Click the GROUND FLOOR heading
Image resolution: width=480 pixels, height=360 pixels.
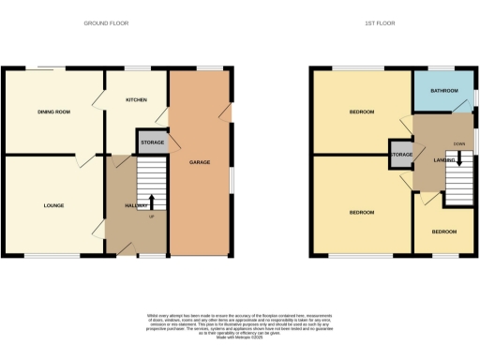point(106,22)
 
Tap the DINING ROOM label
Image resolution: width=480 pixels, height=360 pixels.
point(53,112)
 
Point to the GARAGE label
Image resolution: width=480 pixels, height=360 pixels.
point(200,162)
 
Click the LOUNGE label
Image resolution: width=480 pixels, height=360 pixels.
point(53,205)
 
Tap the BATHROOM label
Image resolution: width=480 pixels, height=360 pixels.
point(444,91)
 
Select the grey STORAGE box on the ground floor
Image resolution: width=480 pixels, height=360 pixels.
point(153,142)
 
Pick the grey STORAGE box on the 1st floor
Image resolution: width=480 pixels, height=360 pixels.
point(401,155)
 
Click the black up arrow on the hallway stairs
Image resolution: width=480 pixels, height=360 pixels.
point(152,202)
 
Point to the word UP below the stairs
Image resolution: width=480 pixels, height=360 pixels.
point(152,217)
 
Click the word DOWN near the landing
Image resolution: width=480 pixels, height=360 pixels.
point(458,143)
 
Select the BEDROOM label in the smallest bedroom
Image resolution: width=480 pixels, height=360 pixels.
point(444,232)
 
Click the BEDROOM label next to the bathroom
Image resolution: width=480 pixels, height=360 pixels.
point(362,112)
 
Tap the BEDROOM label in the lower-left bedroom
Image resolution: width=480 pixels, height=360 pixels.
point(362,213)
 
